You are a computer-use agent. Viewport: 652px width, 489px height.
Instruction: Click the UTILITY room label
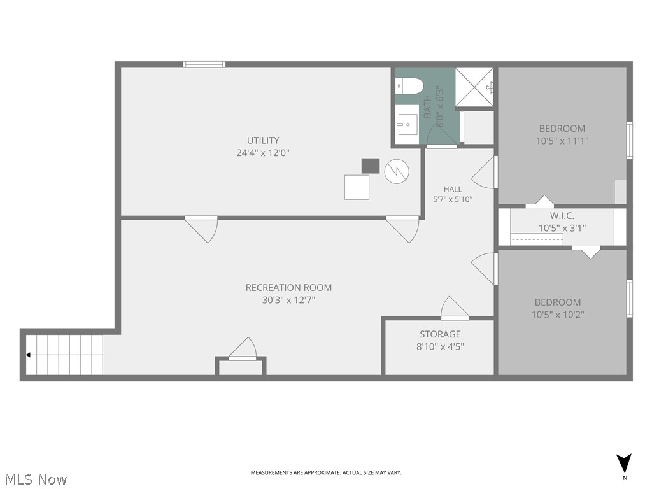pos(263,140)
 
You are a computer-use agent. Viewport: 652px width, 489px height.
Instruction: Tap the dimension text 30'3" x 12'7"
pos(288,300)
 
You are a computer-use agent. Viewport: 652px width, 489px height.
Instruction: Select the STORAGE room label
pos(440,334)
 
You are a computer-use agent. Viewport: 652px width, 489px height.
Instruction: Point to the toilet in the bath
pos(409,87)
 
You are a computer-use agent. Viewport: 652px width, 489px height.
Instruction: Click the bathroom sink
pos(407,124)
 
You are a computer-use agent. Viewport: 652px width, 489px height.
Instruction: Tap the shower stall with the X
pos(474,87)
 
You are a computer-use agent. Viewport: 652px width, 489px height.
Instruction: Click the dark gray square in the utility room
pos(371,166)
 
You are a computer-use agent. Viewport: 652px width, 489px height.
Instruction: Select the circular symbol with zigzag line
pos(397,171)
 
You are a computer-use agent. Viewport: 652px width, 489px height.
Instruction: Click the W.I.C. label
pos(562,216)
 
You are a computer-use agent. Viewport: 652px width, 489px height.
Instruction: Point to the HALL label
pos(453,189)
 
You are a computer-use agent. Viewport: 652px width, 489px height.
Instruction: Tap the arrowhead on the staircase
pos(28,355)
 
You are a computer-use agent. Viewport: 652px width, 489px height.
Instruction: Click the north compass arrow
pos(624,464)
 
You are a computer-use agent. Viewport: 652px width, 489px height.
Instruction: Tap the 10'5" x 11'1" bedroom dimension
pos(562,141)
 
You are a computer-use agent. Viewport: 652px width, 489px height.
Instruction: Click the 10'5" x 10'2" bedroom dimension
pos(558,315)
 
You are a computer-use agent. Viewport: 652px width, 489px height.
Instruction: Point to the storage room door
pos(455,308)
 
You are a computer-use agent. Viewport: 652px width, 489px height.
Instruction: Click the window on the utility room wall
pos(204,64)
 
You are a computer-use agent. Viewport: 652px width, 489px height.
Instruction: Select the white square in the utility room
pos(357,187)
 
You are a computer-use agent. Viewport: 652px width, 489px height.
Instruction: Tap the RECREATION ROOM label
pos(288,287)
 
